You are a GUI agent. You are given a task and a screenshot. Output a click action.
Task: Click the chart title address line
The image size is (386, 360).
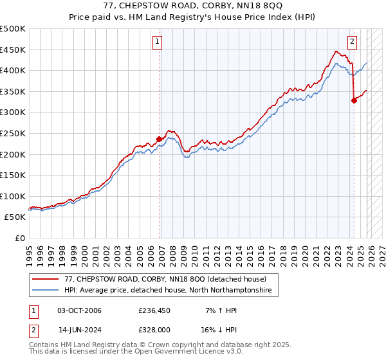coord(193,6)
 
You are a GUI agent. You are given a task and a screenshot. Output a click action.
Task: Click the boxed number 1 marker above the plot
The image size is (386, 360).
coord(158,42)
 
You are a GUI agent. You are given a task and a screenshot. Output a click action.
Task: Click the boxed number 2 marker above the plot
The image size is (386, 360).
coord(353,42)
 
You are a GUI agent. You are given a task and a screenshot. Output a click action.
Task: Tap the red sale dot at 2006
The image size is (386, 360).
coord(160,138)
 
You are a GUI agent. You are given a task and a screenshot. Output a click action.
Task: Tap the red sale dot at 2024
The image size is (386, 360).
coord(354,100)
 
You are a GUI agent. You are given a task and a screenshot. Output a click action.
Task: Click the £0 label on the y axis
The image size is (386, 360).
coord(19,238)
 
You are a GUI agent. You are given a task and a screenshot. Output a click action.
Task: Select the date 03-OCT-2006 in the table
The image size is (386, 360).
coord(79,311)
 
